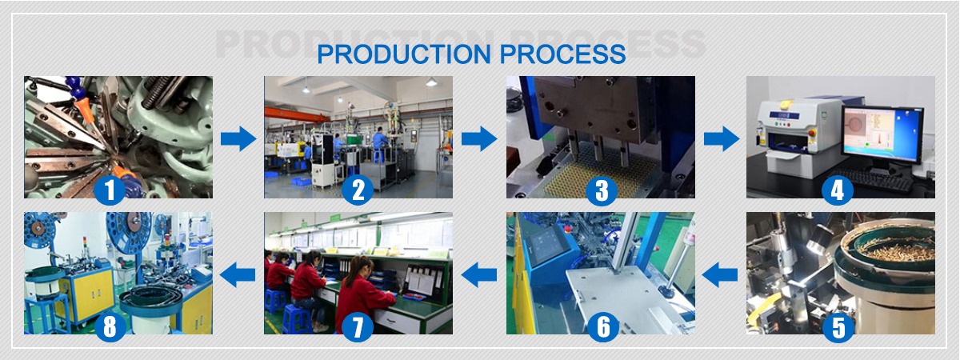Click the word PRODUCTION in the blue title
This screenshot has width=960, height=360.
pyautogui.click(x=404, y=54)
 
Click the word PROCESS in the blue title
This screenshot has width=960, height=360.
pyautogui.click(x=562, y=54)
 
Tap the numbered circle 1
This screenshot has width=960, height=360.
pyautogui.click(x=110, y=190)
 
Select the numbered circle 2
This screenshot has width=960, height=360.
pyautogui.click(x=358, y=190)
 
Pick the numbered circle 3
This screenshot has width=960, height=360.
pyautogui.click(x=602, y=190)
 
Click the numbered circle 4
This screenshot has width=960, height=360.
pyautogui.click(x=838, y=190)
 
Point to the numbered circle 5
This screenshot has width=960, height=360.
pyautogui.click(x=838, y=327)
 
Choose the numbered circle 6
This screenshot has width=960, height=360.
pyautogui.click(x=602, y=327)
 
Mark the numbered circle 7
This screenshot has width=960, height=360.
pyautogui.click(x=358, y=327)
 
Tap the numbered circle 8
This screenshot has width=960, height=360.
pyautogui.click(x=110, y=327)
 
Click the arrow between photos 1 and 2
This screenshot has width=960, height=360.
pyautogui.click(x=238, y=138)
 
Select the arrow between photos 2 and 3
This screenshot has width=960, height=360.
pyautogui.click(x=479, y=138)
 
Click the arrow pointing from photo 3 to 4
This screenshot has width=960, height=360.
pyautogui.click(x=722, y=138)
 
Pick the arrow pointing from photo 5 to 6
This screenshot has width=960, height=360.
pyautogui.click(x=720, y=274)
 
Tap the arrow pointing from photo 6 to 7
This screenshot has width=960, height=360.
pyautogui.click(x=478, y=274)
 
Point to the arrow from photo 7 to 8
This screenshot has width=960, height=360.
pyautogui.click(x=238, y=274)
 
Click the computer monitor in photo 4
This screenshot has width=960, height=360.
pyautogui.click(x=882, y=134)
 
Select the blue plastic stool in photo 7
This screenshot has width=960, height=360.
pyautogui.click(x=297, y=319)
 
